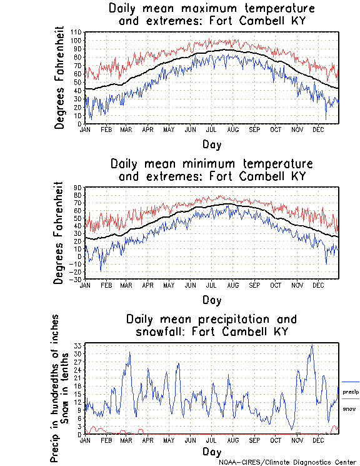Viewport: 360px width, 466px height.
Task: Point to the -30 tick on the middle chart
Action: pos(76,279)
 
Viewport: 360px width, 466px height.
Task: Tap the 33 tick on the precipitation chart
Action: pos(78,346)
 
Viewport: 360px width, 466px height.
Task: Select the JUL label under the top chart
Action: pos(211,130)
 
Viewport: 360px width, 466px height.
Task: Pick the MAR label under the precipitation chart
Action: pos(126,440)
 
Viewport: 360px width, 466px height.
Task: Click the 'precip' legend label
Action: pos(350,392)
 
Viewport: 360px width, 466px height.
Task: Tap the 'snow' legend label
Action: pos(349,409)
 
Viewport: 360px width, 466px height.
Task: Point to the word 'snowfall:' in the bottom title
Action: pos(161,332)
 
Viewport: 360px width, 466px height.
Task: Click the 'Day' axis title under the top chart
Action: pos(211,144)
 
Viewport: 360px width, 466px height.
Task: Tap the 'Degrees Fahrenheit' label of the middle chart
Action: pos(59,233)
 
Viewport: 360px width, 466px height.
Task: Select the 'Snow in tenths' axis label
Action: pos(66,388)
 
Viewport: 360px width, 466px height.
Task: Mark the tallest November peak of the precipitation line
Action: pos(311,345)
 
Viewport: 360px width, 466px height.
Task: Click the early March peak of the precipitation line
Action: pos(129,352)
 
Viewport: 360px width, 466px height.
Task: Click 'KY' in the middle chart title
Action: pos(296,176)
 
